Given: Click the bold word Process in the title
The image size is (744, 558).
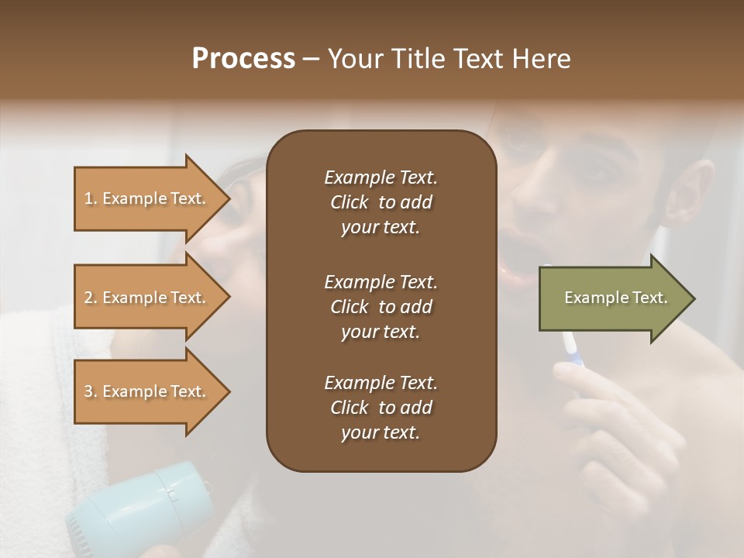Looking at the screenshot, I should [243, 59].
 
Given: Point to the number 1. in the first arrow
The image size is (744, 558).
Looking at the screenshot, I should [91, 198].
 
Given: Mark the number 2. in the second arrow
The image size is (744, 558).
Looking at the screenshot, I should [91, 298].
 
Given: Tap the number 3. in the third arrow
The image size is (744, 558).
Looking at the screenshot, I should [91, 391].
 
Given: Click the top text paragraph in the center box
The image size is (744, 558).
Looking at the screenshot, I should [381, 202].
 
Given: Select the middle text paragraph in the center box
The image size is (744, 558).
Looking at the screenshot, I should [381, 307].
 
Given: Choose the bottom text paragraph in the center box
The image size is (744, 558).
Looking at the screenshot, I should [381, 408].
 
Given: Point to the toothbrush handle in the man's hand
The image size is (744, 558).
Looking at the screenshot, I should [573, 348].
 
